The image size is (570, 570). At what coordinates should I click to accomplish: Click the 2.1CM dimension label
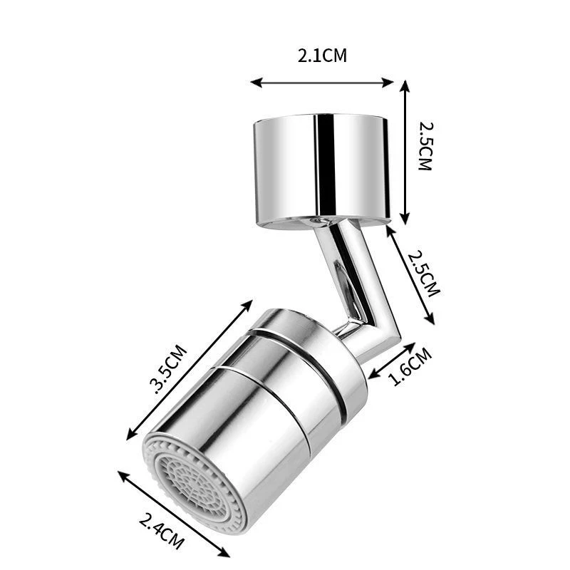(322, 56)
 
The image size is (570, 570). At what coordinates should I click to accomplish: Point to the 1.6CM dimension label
(411, 367)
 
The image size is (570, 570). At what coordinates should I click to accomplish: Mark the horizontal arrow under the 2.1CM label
(322, 83)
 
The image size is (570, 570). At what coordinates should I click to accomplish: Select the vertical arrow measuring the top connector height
(405, 152)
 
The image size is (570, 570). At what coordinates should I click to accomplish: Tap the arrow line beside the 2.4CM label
(174, 514)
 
